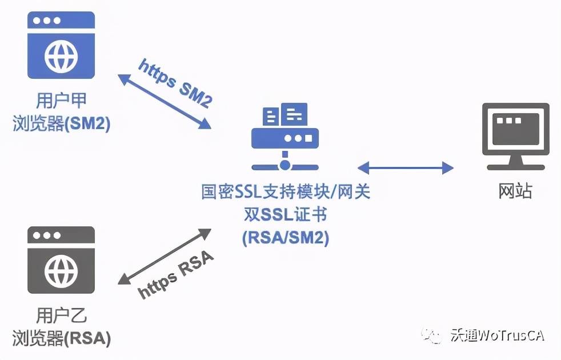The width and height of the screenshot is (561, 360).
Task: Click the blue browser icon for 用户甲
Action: point(61,45)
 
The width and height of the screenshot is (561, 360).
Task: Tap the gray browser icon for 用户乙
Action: point(61,260)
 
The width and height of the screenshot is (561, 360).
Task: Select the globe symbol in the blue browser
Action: point(61,56)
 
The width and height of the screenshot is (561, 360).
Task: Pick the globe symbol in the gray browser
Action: point(61,270)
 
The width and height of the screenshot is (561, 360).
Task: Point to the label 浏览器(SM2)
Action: point(61,123)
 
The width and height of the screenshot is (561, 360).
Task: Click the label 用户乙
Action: point(61,315)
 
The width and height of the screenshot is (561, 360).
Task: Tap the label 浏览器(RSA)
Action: point(61,338)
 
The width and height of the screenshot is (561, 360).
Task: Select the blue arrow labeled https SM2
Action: point(165,101)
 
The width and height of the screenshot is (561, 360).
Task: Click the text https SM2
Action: point(176,83)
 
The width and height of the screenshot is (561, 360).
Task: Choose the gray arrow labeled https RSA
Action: point(165,257)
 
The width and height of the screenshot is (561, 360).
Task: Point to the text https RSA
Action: point(176,275)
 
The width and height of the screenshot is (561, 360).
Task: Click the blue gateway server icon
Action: point(285,137)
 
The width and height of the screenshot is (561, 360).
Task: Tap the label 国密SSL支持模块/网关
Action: point(286,191)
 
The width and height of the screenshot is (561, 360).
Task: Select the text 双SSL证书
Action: point(286,215)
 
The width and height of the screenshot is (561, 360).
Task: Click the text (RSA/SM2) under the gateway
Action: point(286,237)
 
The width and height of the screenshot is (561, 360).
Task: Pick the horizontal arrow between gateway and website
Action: point(406,167)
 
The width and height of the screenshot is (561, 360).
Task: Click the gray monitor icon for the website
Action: point(515,137)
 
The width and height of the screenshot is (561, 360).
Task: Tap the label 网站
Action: point(515,191)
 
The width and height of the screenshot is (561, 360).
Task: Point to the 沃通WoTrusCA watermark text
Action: point(498,335)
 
